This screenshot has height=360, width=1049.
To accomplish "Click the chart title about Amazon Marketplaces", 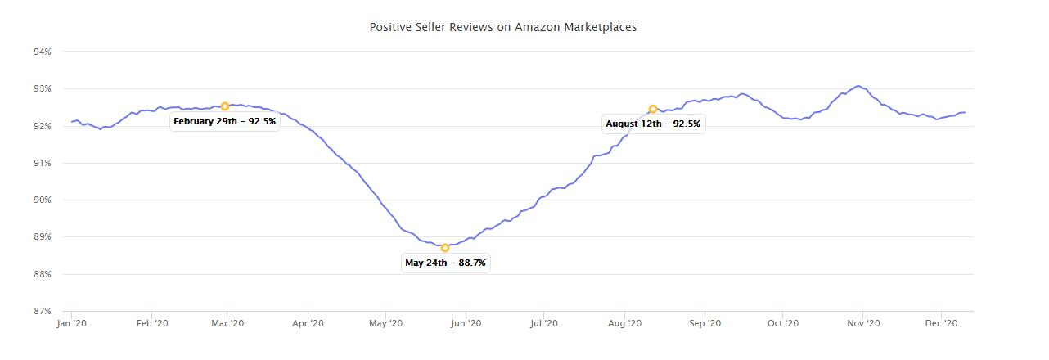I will tap(502, 27).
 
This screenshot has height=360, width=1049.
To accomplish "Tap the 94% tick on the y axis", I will tap(43, 52).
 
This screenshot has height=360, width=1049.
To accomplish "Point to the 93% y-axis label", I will tap(43, 88).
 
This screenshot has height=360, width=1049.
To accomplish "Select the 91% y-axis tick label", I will tap(43, 163).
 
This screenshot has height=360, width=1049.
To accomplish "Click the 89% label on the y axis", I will tap(43, 237).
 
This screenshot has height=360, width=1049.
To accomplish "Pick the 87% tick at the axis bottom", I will tap(43, 311).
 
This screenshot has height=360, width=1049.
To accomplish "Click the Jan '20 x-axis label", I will tap(72, 324).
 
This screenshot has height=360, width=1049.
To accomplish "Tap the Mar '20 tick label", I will tap(227, 324).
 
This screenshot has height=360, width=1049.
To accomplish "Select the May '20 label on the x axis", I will tap(385, 324).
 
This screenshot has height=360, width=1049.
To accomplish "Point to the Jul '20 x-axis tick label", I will tap(544, 324).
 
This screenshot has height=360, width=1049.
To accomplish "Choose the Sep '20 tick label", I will tap(705, 324).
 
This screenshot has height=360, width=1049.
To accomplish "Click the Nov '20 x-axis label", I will tap(862, 324).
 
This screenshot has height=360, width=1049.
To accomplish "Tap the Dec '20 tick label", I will tap(941, 324).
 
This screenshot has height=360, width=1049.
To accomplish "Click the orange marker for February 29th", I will tap(225, 106).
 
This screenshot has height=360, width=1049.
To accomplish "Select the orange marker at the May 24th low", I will tap(445, 247).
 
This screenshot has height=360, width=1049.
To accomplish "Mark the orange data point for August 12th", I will tap(653, 109).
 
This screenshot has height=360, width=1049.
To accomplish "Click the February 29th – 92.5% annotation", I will tap(225, 122).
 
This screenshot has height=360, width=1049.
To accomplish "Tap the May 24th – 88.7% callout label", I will tap(446, 263).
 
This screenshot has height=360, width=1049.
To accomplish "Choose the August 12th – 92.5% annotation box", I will tap(653, 124).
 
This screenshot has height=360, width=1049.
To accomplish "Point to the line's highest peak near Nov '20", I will tap(857, 86).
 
